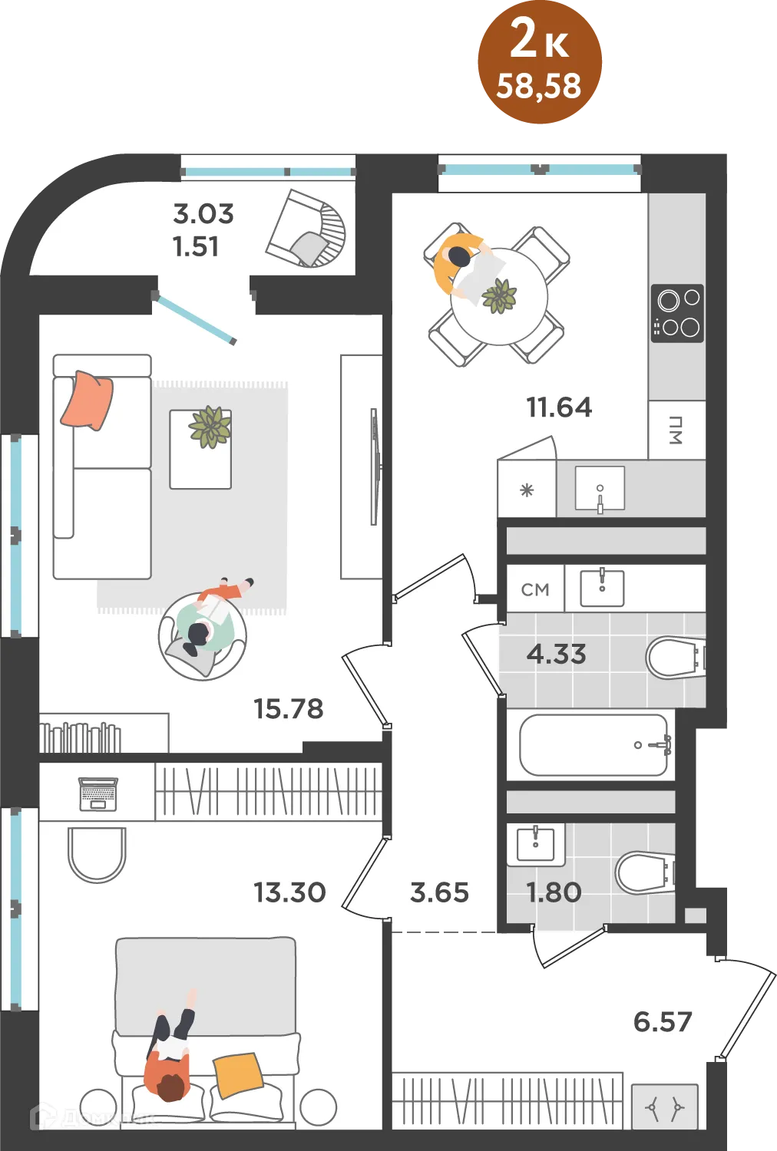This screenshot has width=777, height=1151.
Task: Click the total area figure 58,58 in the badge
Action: (538, 86)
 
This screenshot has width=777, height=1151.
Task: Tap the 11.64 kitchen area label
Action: (559, 407)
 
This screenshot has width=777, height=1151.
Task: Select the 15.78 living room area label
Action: (289, 708)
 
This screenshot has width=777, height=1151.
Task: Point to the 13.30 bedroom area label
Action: (289, 892)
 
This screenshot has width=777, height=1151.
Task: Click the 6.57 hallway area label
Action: (663, 1021)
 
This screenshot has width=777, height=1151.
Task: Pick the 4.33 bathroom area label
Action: (557, 654)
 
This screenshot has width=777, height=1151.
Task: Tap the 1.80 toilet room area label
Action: (554, 892)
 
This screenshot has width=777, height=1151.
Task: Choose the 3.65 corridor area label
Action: (440, 892)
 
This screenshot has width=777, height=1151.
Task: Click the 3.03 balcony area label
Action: (203, 214)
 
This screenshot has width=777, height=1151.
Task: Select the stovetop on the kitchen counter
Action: (677, 313)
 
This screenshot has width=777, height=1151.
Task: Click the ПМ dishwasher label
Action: (675, 430)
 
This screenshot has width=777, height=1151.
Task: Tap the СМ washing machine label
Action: (535, 589)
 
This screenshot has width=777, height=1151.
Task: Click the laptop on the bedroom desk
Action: (98, 794)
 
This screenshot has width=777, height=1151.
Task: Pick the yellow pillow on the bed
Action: (238, 1076)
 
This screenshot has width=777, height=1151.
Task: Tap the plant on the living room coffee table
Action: (210, 427)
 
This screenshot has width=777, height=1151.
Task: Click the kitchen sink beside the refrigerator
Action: (600, 489)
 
